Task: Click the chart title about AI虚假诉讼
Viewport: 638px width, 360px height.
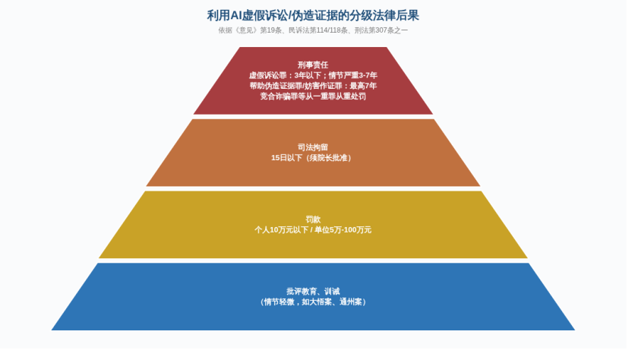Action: click(x=313, y=15)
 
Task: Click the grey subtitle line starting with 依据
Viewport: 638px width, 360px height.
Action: click(x=313, y=30)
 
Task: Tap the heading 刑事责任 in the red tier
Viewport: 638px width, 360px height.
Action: click(x=313, y=65)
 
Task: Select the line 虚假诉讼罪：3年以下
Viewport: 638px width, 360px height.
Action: click(x=285, y=76)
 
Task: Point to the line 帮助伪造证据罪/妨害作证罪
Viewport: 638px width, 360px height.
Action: click(x=295, y=87)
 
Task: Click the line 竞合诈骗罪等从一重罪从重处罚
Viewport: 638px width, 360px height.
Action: click(x=313, y=96)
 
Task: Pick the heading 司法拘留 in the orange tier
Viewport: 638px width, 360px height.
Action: click(x=313, y=147)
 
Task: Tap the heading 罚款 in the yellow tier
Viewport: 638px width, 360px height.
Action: click(x=313, y=219)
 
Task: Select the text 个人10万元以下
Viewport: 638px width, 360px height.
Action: click(x=282, y=230)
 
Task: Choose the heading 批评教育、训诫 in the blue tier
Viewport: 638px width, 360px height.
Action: click(x=313, y=292)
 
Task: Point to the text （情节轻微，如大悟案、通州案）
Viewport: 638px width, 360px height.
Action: click(x=313, y=302)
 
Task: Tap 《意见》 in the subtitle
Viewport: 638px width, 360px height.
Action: click(x=246, y=30)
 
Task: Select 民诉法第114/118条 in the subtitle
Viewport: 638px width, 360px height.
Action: click(x=318, y=30)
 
